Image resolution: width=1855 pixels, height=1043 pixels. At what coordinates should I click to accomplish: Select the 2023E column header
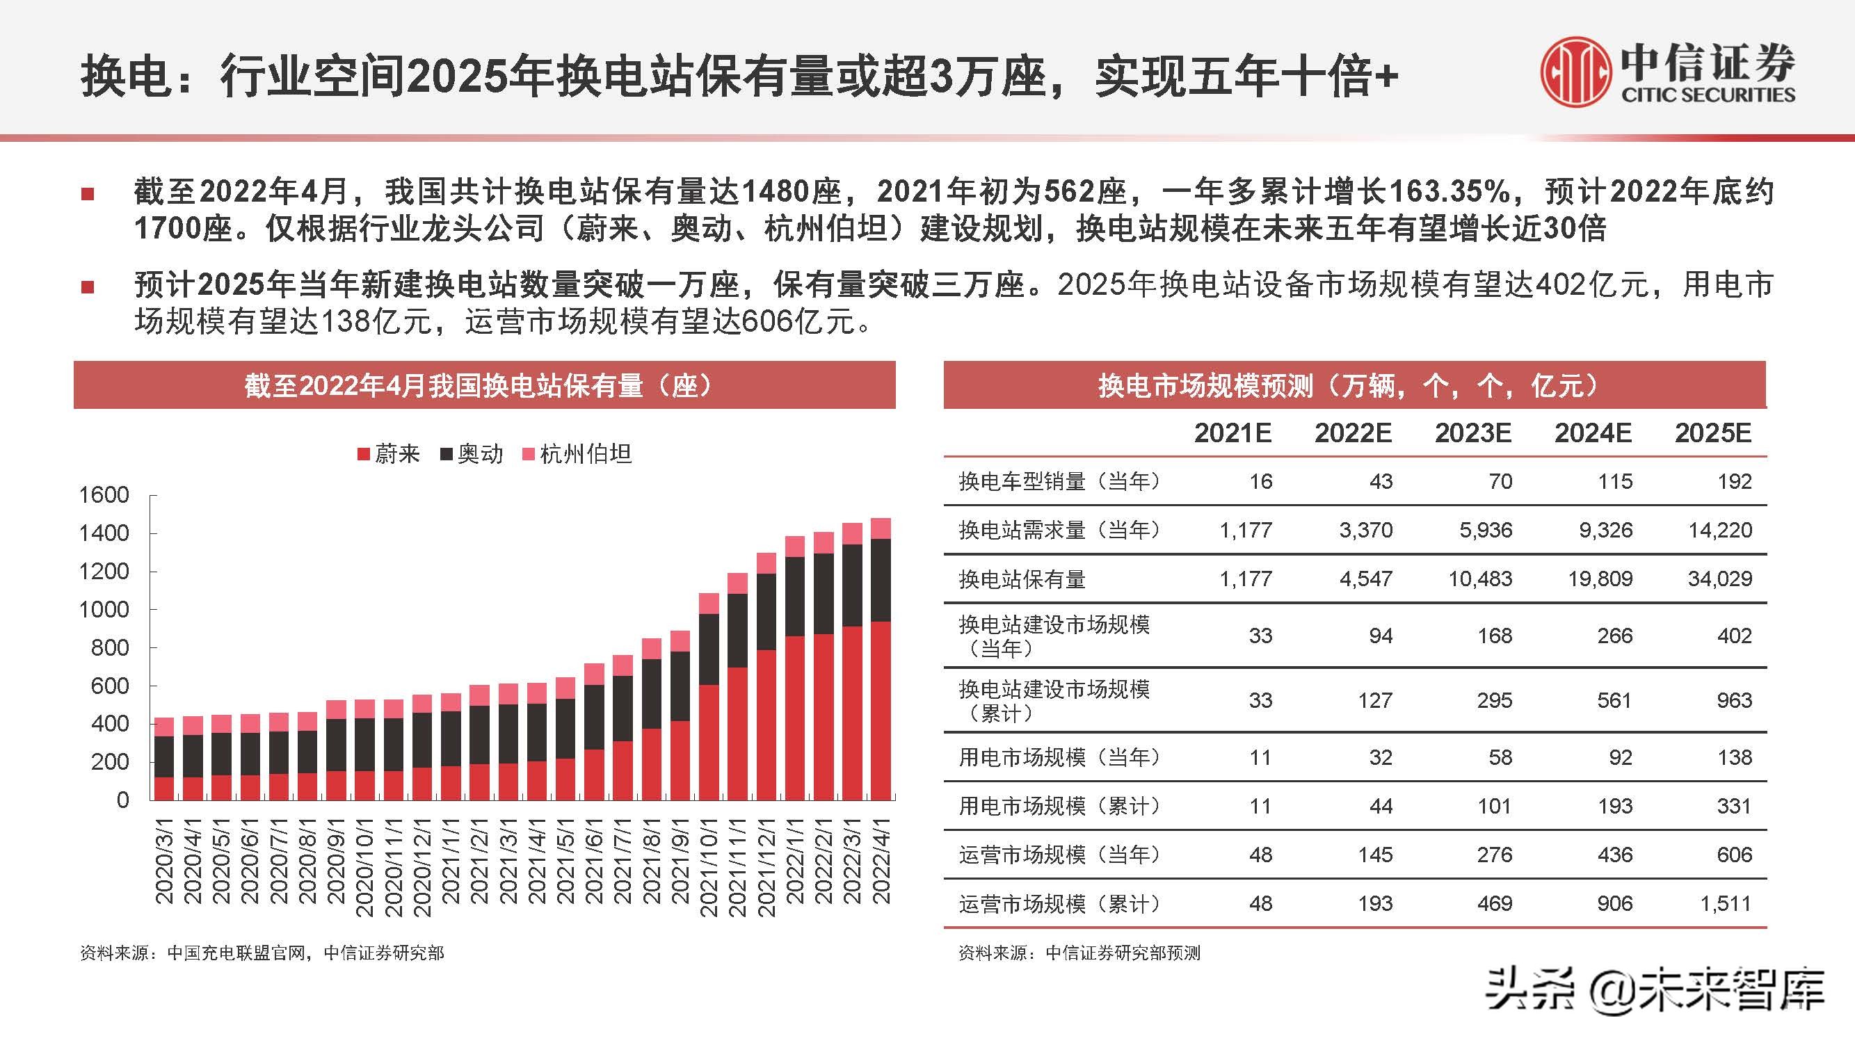1472,432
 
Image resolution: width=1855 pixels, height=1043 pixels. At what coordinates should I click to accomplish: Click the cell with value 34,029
1719,579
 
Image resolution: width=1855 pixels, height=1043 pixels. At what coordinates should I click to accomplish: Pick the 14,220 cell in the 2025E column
1719,531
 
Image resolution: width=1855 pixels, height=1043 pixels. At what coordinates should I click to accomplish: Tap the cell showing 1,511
1726,903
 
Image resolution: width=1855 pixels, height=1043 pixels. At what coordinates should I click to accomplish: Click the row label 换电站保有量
1022,579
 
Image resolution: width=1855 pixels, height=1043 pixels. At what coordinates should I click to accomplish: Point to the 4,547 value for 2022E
1365,579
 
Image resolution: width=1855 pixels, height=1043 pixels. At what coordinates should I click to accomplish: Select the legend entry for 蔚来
389,453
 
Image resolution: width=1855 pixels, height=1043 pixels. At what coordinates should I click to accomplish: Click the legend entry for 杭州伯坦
577,453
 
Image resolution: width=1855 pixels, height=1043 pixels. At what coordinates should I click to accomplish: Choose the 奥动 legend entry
472,453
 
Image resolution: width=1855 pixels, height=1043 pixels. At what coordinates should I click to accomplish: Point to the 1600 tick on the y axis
104,495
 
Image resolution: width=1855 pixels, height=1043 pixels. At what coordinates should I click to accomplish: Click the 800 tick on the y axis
109,648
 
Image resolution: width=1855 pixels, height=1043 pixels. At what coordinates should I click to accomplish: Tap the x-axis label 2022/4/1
881,861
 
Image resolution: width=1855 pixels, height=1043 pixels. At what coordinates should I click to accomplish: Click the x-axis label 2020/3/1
165,861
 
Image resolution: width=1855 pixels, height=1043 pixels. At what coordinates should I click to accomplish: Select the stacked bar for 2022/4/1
881,658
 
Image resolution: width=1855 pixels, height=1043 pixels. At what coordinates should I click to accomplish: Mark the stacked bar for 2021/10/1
709,697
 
